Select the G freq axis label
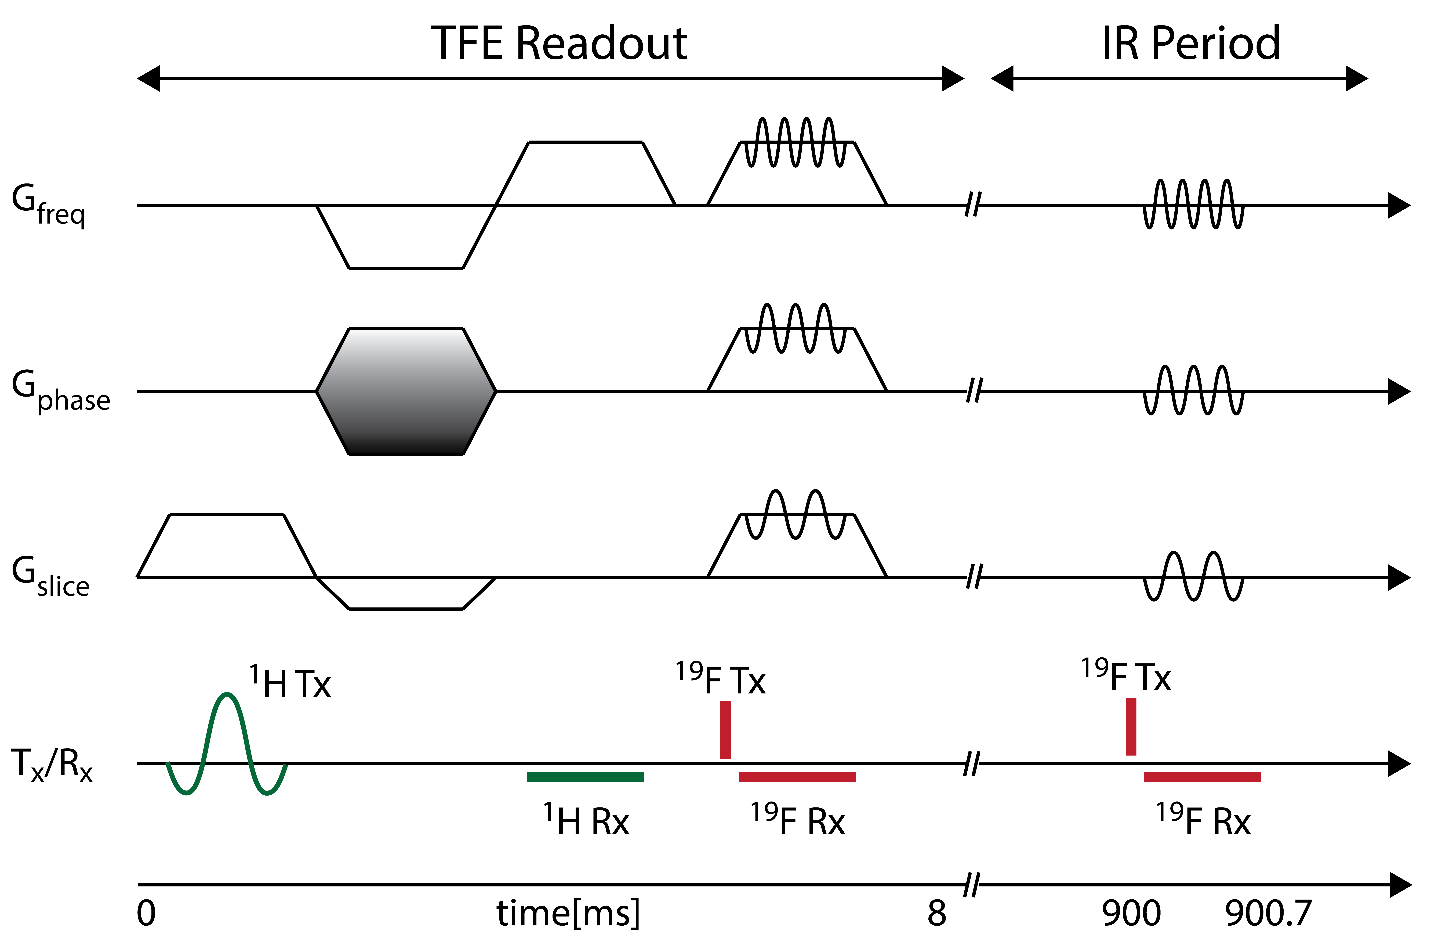click(x=48, y=204)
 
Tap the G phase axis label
click(x=60, y=391)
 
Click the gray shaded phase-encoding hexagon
click(x=406, y=391)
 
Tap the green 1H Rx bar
click(x=585, y=777)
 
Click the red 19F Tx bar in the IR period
click(x=1131, y=726)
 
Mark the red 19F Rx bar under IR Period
click(x=1203, y=777)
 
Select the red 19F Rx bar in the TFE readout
click(x=797, y=777)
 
